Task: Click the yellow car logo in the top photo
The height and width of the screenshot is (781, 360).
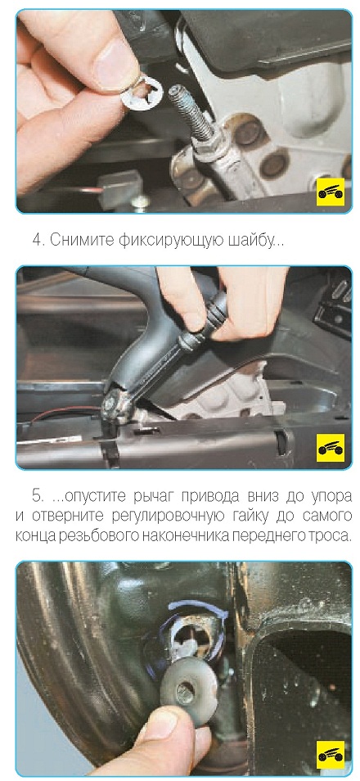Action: [331, 192]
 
